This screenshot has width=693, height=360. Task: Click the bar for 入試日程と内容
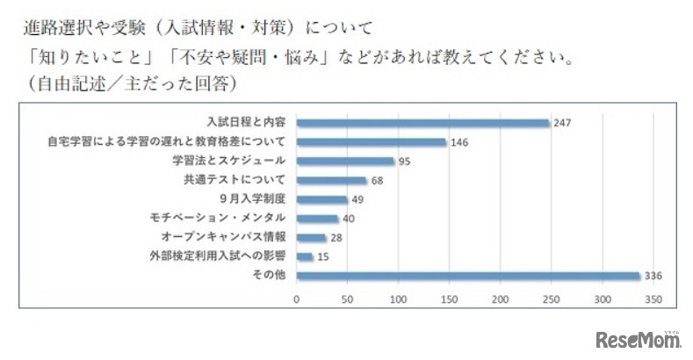coord(422,123)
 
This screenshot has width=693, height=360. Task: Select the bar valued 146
coord(372,142)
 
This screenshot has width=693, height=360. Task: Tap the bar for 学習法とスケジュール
coord(345,161)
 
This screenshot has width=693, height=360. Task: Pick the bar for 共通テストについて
coord(331,180)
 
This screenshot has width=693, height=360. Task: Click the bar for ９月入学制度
coord(321,199)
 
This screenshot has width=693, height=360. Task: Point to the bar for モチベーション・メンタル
coord(317,219)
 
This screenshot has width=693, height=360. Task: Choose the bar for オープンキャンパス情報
coord(311,238)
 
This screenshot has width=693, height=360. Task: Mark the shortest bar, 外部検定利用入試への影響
coord(305,257)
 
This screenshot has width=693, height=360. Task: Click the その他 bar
coord(468,277)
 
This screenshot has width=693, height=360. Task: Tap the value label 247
coord(563,123)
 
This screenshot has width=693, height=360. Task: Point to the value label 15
coord(324,257)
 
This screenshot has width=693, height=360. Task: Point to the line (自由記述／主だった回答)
coord(128,85)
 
